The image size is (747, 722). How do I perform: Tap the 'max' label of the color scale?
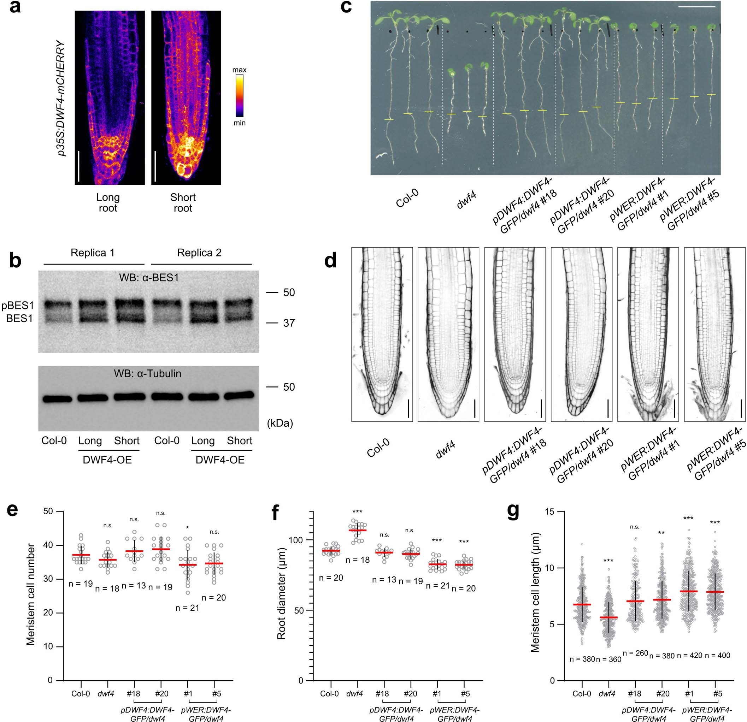coord(239,70)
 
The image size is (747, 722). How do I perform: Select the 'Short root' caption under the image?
coord(183,203)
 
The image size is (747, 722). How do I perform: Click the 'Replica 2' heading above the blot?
coord(199,253)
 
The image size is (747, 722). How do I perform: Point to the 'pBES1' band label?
coord(18,306)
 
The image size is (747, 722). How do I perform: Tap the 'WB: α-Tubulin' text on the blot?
coord(147,374)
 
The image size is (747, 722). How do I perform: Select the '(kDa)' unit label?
coord(280,423)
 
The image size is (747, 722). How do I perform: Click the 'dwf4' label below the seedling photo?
coord(466,200)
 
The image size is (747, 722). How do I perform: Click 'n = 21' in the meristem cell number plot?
coord(187,608)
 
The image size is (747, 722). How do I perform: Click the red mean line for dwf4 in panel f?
coord(358,530)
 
